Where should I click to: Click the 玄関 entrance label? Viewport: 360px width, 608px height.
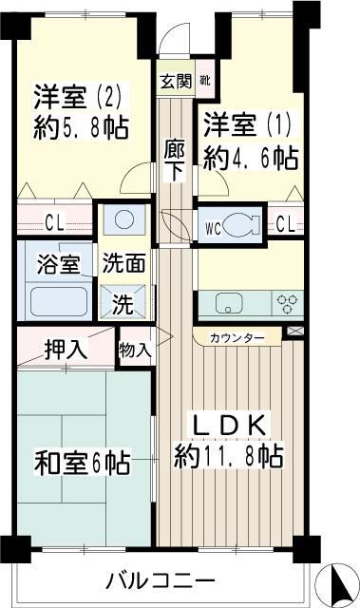(175, 81)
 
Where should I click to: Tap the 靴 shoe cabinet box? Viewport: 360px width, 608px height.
(205, 81)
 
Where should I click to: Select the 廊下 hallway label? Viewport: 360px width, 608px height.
(173, 161)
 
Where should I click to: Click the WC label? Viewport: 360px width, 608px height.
(213, 226)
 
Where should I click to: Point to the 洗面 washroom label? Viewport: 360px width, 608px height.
(122, 261)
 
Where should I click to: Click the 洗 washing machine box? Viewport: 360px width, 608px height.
(123, 304)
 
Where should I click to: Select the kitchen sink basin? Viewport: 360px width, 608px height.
(229, 303)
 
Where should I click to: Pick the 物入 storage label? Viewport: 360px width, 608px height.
(135, 349)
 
